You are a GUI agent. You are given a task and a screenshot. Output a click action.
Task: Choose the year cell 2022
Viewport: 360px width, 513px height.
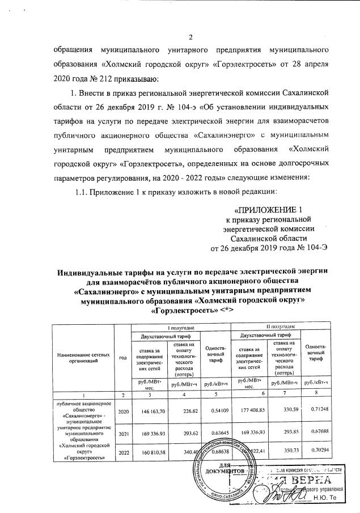point(123,454)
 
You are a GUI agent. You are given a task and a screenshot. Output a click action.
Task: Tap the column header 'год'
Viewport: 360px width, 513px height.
point(122,357)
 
